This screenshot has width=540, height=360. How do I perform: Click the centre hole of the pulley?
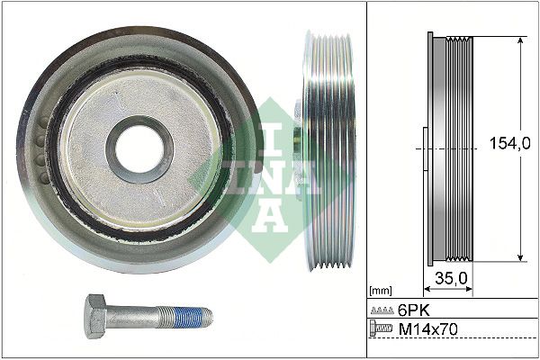click(139, 148)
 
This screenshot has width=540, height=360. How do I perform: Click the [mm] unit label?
click(381, 291)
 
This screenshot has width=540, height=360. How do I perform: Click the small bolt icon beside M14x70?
click(382, 330)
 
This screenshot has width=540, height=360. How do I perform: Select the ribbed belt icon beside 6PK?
click(382, 310)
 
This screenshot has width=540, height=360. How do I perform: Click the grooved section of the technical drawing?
click(462, 148)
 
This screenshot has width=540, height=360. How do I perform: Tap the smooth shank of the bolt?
click(139, 318)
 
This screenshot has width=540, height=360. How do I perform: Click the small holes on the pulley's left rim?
click(39, 145)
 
